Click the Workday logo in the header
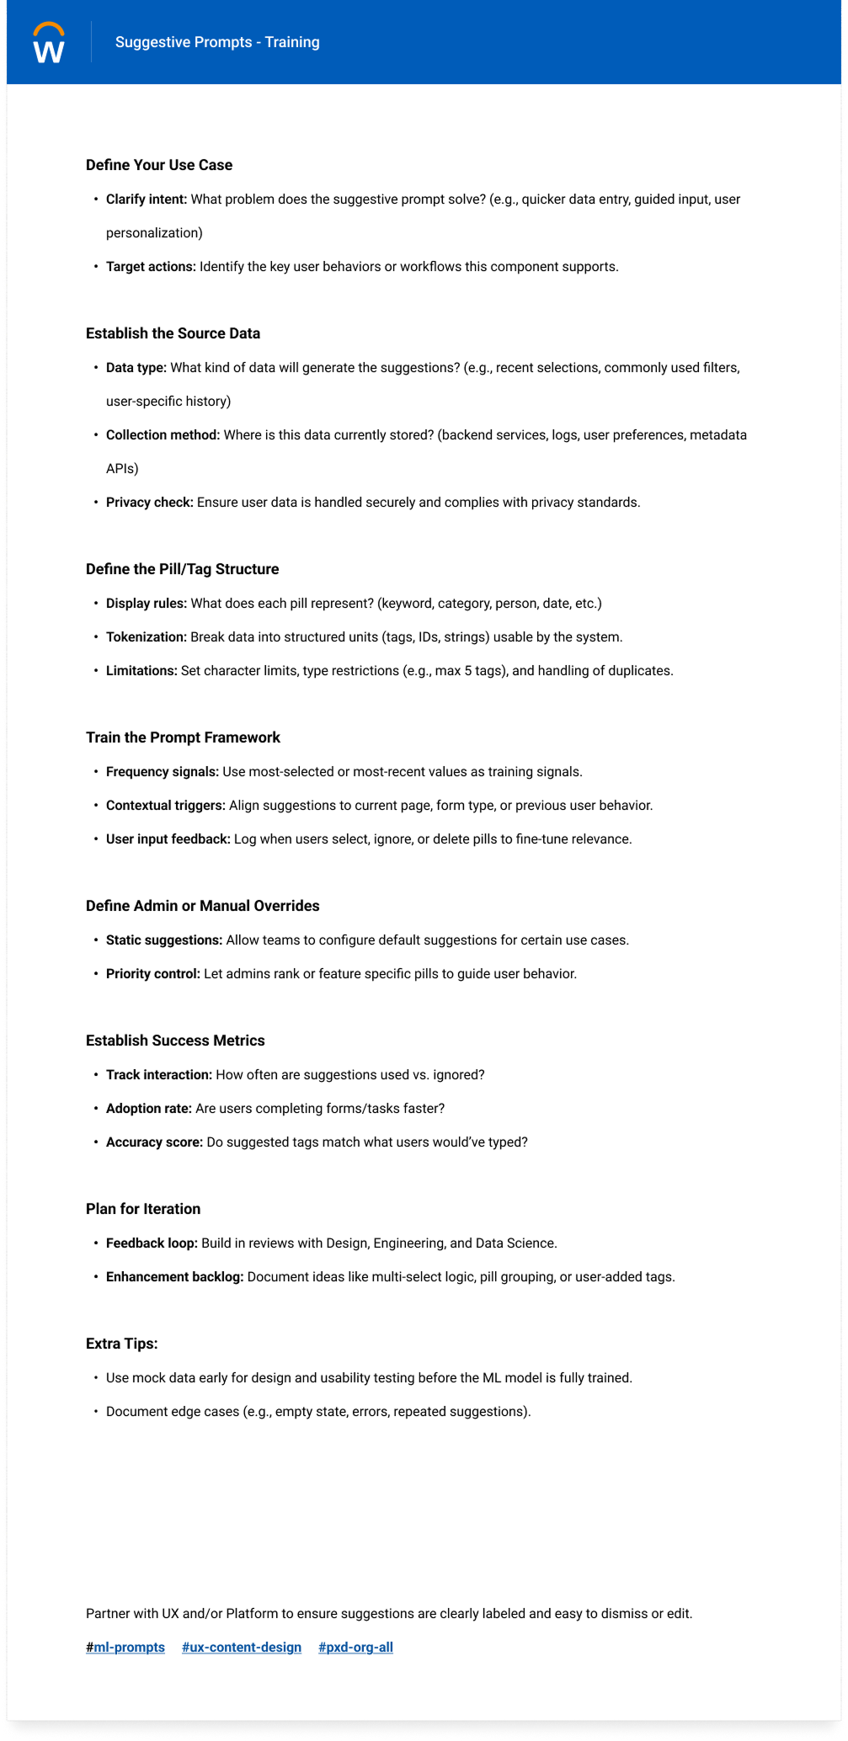49,43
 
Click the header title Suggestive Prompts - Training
217,42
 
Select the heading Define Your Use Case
159,165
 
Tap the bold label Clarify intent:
147,200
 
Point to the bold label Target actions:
151,267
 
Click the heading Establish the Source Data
173,333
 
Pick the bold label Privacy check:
150,503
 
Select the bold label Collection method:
163,435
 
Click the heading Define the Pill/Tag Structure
182,569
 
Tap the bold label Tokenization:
147,637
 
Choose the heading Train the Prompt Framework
183,737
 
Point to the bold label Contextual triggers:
166,806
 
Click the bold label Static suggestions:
164,940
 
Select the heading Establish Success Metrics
175,1041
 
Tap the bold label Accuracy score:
154,1142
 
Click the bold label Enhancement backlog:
174,1277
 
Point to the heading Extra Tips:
122,1344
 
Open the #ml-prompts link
125,1648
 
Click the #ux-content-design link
242,1648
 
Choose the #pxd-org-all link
355,1648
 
